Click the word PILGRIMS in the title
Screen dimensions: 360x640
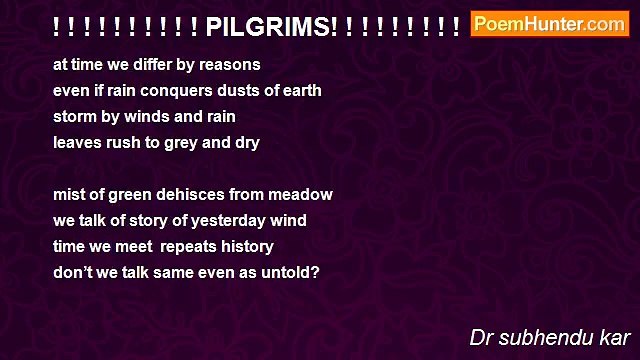(271, 26)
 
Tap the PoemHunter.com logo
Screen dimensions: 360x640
(549, 24)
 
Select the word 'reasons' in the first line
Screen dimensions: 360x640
(232, 65)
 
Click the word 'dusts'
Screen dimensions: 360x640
(232, 91)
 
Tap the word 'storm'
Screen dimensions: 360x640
(75, 117)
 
